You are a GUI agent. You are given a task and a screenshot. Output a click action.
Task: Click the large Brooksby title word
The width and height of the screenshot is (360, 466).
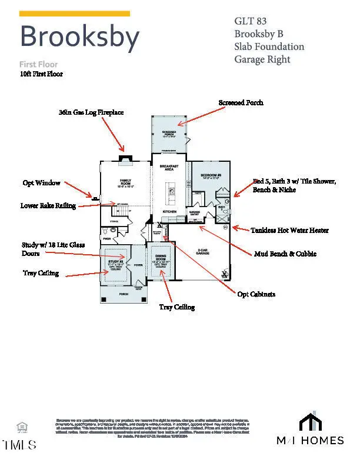(x=79, y=36)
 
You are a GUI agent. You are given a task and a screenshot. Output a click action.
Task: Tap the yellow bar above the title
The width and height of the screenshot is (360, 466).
(x=75, y=14)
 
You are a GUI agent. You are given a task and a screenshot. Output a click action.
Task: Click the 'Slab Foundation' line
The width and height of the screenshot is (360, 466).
(x=269, y=46)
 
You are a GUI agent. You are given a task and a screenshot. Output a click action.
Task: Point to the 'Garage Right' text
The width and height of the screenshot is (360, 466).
(x=262, y=59)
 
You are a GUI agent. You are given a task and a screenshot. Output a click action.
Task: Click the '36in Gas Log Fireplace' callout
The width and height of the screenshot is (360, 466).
(x=91, y=112)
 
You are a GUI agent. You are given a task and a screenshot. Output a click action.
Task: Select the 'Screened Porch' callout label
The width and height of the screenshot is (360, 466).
(x=241, y=102)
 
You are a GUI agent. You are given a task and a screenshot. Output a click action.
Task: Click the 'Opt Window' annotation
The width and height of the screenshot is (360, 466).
(x=42, y=183)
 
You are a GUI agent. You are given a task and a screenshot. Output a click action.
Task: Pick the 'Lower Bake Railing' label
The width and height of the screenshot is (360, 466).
(x=48, y=206)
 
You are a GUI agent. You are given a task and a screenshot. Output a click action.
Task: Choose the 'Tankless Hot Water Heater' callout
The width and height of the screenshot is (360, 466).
(x=290, y=230)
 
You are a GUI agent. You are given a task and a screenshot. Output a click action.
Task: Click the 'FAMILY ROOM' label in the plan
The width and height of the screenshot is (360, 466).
(x=125, y=184)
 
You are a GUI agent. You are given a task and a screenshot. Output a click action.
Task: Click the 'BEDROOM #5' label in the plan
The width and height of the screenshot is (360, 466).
(x=210, y=176)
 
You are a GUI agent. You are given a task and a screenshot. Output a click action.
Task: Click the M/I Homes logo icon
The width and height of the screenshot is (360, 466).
(x=310, y=422)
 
